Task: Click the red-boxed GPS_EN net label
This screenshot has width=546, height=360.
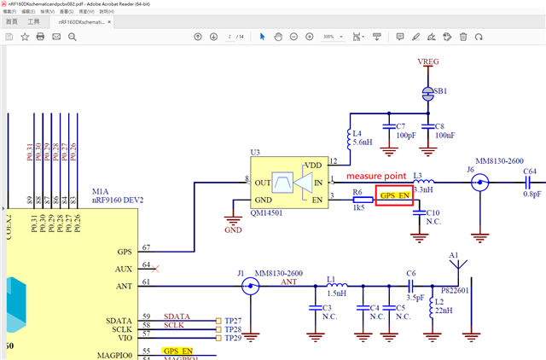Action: pos(394,195)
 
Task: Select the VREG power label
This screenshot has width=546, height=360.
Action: pos(429,62)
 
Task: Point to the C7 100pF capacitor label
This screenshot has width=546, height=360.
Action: pos(405,131)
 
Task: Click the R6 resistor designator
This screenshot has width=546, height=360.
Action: pos(357,192)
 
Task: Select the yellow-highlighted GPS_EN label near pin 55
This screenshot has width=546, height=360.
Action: pos(179,351)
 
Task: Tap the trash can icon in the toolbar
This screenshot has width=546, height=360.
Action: pos(463,37)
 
